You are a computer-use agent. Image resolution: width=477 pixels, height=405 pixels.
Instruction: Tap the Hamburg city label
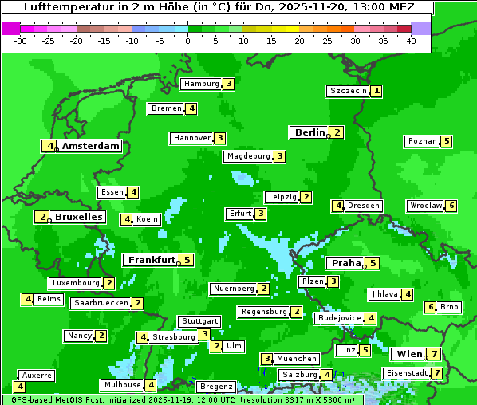click(200, 84)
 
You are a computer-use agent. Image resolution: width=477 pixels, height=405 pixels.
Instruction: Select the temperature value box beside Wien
click(433, 354)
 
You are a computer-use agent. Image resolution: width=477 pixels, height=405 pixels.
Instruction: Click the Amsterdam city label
click(91, 146)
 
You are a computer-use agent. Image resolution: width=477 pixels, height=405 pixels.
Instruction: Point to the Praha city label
click(346, 263)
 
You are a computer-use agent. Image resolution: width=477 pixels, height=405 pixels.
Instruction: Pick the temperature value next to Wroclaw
click(451, 206)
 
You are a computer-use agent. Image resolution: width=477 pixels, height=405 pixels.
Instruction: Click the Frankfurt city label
click(152, 260)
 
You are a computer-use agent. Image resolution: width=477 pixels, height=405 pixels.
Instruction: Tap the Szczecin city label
click(349, 91)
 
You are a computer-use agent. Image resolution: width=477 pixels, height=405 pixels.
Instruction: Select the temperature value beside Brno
click(431, 307)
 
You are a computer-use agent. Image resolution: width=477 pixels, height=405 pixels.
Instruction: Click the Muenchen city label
click(297, 359)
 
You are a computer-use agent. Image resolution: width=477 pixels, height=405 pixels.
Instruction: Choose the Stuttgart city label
click(199, 321)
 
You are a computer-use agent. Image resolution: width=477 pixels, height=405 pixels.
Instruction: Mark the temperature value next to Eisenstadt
click(436, 373)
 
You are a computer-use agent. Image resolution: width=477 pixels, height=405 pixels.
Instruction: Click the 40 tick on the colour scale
click(411, 41)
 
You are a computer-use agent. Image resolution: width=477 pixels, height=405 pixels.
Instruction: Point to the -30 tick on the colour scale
click(21, 41)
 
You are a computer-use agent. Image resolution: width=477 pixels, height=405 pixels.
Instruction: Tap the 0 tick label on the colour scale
click(188, 41)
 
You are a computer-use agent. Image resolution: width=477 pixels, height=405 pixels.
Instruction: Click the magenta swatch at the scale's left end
click(10, 28)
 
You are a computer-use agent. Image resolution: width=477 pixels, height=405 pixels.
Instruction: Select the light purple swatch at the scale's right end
click(421, 28)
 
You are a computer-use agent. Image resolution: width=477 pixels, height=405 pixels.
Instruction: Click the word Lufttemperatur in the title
click(61, 6)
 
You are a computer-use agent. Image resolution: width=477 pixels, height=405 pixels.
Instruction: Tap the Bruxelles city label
click(78, 217)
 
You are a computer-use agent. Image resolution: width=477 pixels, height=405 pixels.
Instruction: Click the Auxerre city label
click(37, 375)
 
